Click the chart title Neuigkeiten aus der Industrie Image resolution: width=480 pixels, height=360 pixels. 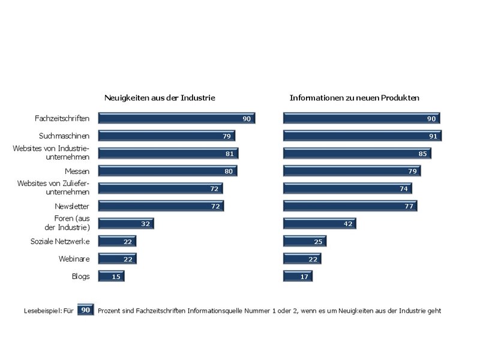pyautogui.click(x=160, y=98)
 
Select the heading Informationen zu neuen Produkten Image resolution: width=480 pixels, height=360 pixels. pyautogui.click(x=354, y=98)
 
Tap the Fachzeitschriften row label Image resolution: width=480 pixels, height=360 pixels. pyautogui.click(x=62, y=118)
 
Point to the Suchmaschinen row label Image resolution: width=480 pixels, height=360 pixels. pyautogui.click(x=64, y=136)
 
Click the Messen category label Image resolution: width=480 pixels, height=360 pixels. pyautogui.click(x=77, y=172)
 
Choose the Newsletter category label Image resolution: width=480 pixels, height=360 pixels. pyautogui.click(x=72, y=206)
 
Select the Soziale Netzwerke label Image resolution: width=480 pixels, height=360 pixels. pyautogui.click(x=60, y=242)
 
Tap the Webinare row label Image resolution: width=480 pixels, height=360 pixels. pyautogui.click(x=74, y=259)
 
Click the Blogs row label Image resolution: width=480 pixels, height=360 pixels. pyautogui.click(x=81, y=277)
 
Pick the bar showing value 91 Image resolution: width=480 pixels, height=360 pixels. pyautogui.click(x=362, y=136)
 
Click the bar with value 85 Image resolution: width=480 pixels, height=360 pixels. pyautogui.click(x=357, y=154)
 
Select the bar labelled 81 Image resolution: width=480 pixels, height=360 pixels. pyautogui.click(x=169, y=154)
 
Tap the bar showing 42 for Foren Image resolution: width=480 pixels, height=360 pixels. pyautogui.click(x=320, y=224)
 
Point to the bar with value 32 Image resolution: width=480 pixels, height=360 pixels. pyautogui.click(x=126, y=224)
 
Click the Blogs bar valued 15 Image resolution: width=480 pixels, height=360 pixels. pyautogui.click(x=112, y=277)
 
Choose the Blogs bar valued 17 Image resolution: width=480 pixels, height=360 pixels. pyautogui.click(x=298, y=277)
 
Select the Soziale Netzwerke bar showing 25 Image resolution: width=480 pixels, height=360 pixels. pyautogui.click(x=305, y=242)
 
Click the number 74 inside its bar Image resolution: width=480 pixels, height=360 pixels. pyautogui.click(x=404, y=189)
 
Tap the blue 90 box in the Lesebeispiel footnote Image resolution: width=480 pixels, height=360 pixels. pyautogui.click(x=86, y=310)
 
